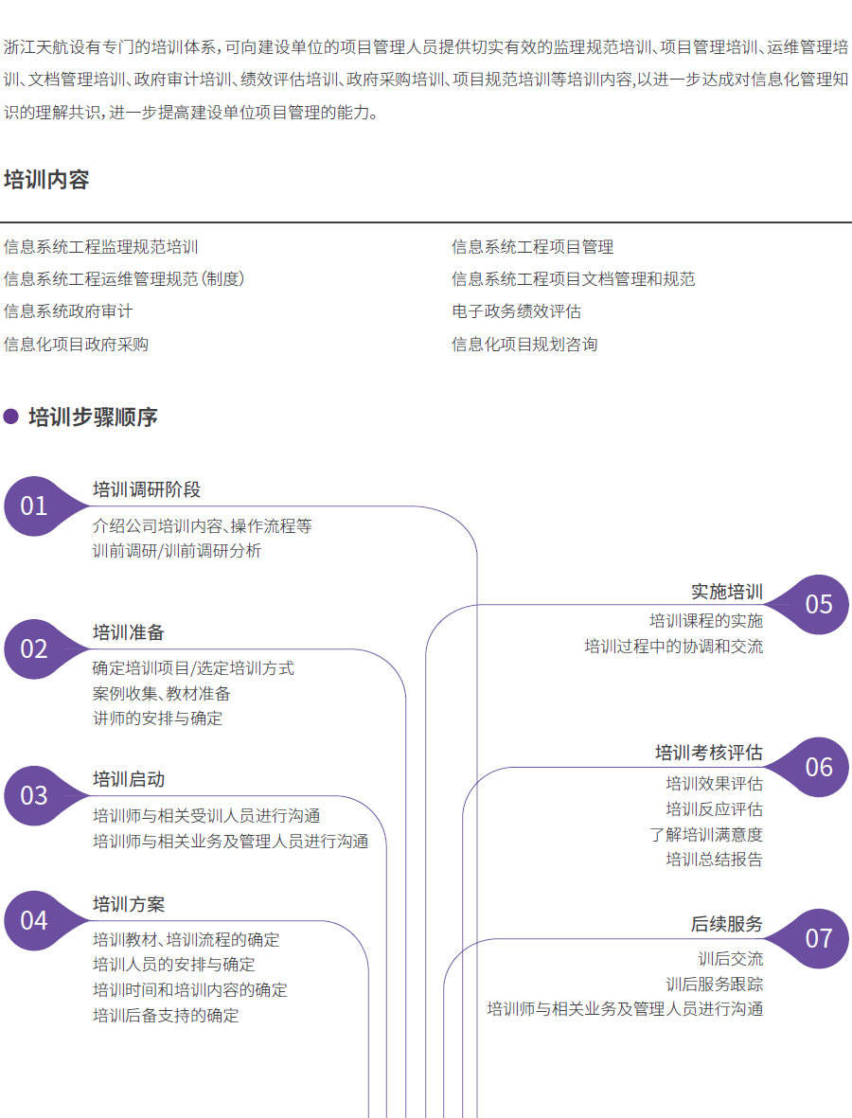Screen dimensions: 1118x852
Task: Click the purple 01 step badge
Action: click(x=35, y=506)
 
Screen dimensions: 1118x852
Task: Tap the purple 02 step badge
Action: click(x=35, y=648)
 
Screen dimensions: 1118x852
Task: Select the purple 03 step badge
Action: click(x=35, y=795)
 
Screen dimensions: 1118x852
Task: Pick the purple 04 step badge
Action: click(x=35, y=920)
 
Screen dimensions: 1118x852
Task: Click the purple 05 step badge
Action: click(x=818, y=604)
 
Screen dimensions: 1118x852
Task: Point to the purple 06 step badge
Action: click(x=818, y=767)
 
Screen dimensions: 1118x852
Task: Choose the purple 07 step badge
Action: click(x=818, y=938)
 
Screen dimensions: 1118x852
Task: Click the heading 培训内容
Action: click(x=46, y=180)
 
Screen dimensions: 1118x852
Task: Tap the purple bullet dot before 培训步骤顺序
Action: click(x=11, y=417)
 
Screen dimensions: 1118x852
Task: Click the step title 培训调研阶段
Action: click(x=147, y=489)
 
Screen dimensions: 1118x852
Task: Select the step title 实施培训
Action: click(x=726, y=592)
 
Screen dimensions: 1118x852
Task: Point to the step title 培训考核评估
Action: click(x=708, y=753)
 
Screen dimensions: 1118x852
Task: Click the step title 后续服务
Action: click(x=726, y=924)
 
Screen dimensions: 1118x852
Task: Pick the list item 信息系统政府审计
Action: click(x=68, y=311)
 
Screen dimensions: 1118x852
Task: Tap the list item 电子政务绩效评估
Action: click(x=516, y=311)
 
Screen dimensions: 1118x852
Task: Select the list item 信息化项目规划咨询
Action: click(x=524, y=344)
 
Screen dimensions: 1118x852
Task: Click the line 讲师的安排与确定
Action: click(x=158, y=718)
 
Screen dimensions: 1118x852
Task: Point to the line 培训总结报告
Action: click(x=714, y=860)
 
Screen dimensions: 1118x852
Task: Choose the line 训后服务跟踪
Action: click(x=714, y=985)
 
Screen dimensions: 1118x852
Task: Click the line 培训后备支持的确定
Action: click(x=166, y=1016)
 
